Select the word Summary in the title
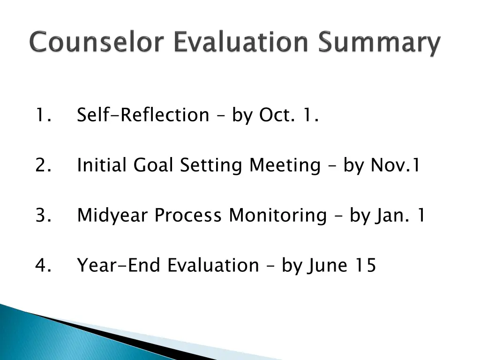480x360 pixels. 380,44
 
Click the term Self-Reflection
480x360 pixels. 143,115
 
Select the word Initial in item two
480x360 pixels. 103,165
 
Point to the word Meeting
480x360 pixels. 285,166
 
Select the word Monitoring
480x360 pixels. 277,216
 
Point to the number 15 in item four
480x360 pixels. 365,265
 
